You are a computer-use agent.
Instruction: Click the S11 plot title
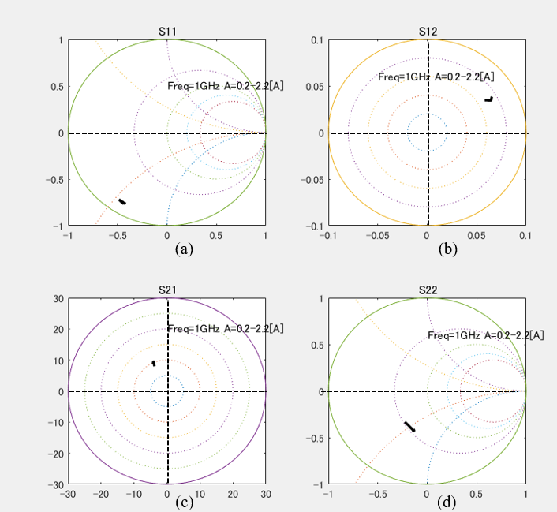point(166,32)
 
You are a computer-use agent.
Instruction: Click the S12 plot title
point(428,32)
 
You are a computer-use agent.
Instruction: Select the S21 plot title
point(166,290)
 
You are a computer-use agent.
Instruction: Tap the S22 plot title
point(428,290)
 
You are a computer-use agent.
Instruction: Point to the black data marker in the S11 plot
point(122,202)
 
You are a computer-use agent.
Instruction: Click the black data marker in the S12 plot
point(488,99)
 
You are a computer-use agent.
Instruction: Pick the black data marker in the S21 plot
point(154,363)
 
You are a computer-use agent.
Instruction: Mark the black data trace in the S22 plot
point(409,426)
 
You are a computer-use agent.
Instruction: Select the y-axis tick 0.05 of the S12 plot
point(313,86)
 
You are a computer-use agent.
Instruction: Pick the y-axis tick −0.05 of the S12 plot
point(311,179)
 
